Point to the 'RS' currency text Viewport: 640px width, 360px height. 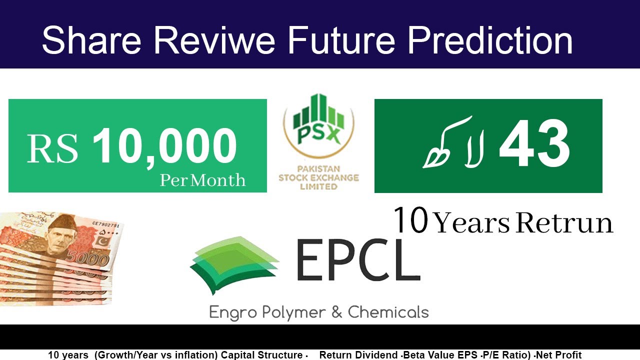[52, 149]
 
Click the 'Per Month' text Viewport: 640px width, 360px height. [202, 180]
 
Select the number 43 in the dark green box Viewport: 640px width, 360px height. [534, 145]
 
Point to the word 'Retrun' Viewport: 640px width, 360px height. [564, 223]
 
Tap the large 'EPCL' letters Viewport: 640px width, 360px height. [357, 260]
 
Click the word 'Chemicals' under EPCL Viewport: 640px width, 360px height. [388, 312]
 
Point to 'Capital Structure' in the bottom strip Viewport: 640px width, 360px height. [262, 355]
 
